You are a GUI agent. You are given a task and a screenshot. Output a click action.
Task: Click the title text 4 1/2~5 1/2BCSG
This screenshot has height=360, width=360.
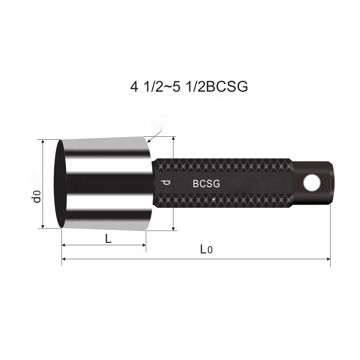189,86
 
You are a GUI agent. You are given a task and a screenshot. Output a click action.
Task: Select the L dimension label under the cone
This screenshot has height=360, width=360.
108,239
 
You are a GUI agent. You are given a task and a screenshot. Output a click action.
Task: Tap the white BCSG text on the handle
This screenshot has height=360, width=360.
206,183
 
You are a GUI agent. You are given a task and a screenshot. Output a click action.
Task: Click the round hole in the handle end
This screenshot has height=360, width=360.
312,181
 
